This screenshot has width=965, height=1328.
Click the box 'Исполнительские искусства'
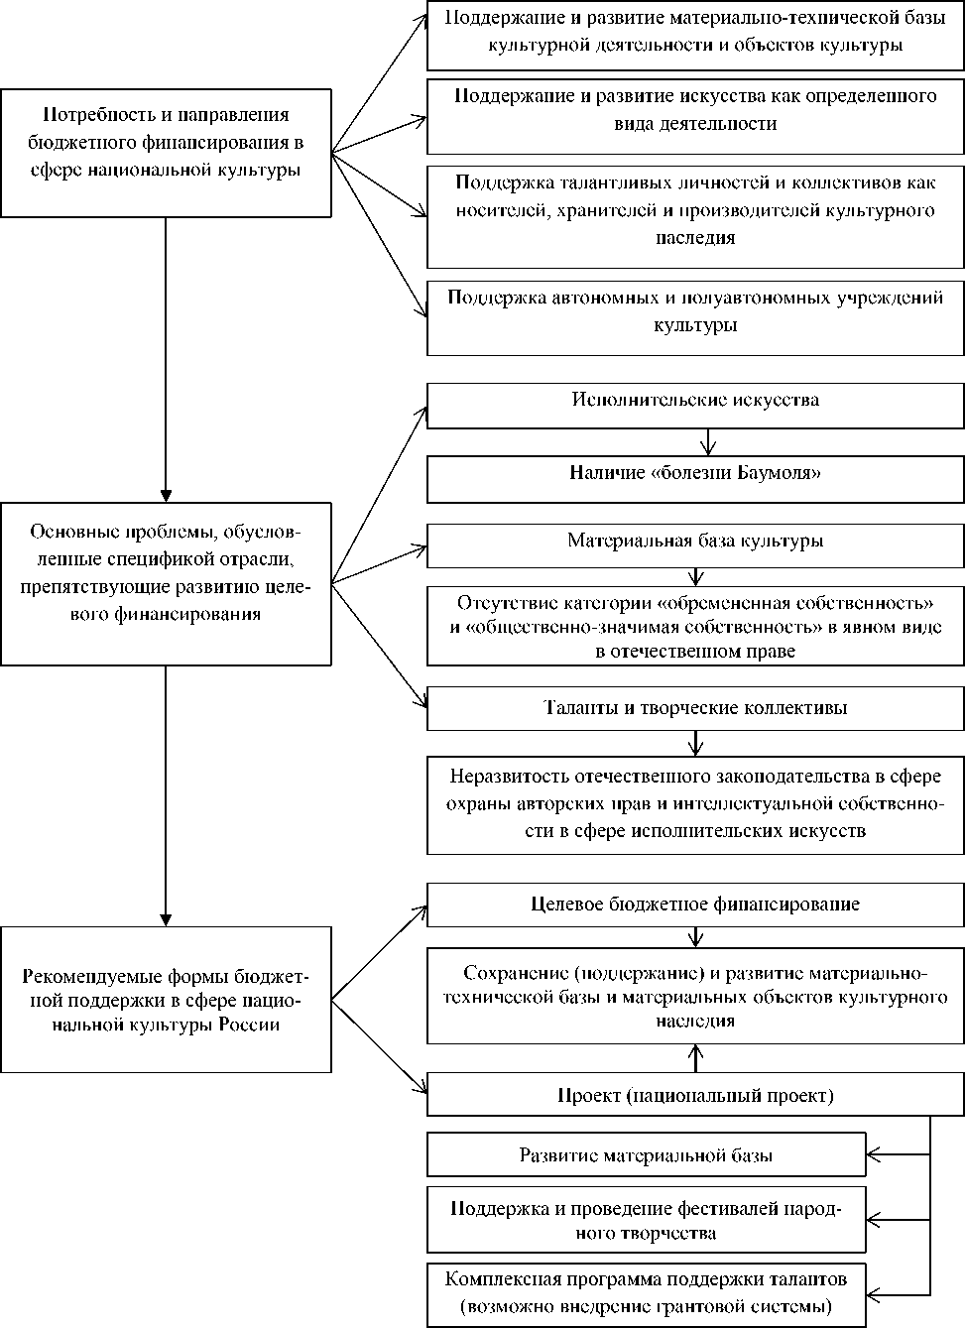coord(695,401)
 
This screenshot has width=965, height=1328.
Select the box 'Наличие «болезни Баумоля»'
coord(695,474)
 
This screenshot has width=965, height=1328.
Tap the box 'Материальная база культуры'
coord(695,542)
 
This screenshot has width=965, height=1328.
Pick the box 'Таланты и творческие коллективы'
coord(695,708)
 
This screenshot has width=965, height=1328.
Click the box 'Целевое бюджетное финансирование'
coord(695,905)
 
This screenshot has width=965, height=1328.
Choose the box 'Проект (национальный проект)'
coord(695,1096)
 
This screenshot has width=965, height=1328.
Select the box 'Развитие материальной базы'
coord(646,1155)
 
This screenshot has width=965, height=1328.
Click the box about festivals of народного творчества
coord(646,1220)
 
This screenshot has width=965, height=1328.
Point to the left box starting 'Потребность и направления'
coord(166,153)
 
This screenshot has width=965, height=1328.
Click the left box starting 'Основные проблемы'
coord(166,583)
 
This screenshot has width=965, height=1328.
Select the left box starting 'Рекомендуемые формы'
coord(166,999)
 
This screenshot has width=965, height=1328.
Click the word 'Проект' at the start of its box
coord(589,1096)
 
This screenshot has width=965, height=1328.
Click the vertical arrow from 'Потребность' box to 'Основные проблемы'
coord(166,357)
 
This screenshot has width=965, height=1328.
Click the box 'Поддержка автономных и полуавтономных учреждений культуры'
coord(695,311)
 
